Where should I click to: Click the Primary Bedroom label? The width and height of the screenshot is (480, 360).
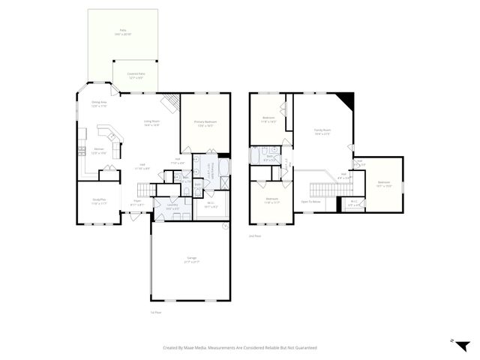click(205, 123)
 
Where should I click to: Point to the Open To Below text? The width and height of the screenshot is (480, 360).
click(311, 202)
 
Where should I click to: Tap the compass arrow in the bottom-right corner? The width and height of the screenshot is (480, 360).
click(464, 345)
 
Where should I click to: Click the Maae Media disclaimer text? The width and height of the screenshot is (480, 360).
click(240, 348)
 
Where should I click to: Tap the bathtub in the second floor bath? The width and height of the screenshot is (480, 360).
click(256, 155)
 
